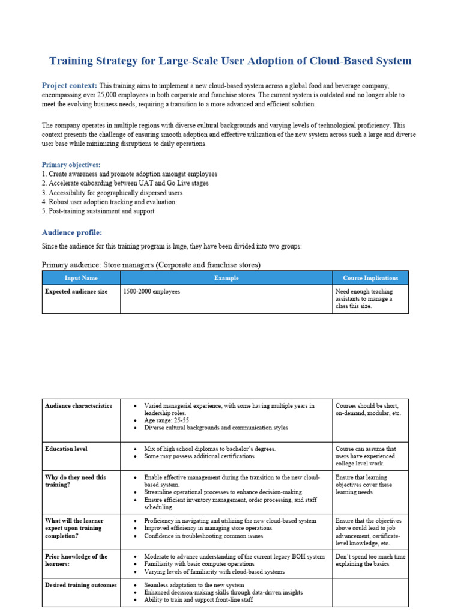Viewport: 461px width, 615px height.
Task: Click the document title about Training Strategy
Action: (230, 61)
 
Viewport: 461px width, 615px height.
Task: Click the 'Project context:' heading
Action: (69, 86)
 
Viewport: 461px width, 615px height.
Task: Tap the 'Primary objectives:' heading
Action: (71, 165)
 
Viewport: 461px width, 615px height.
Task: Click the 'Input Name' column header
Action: (81, 278)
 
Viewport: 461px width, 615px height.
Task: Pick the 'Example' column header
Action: (226, 278)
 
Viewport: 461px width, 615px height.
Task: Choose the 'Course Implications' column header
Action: (370, 278)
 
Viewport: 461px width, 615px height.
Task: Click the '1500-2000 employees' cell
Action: (151, 291)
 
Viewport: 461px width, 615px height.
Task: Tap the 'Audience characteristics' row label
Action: (78, 405)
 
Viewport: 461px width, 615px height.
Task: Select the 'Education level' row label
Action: (66, 449)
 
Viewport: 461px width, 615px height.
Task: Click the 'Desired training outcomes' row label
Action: (81, 585)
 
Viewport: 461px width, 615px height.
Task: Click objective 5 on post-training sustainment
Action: (98, 211)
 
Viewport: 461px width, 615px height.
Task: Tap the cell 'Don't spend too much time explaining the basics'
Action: (370, 560)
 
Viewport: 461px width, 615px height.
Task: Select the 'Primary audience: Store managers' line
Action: (151, 265)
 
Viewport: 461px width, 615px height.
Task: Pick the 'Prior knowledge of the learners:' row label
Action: (76, 560)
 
